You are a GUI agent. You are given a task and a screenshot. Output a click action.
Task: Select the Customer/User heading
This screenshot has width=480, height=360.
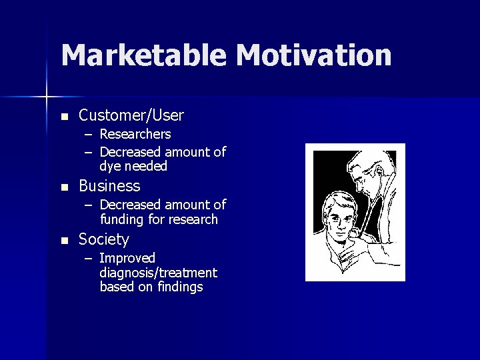coord(131,115)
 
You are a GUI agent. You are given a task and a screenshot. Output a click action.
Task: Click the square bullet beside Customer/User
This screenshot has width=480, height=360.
coord(64,117)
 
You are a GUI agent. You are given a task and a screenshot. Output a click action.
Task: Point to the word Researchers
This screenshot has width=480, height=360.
coord(135,134)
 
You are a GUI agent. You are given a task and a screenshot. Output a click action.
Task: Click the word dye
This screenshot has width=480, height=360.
coord(110,166)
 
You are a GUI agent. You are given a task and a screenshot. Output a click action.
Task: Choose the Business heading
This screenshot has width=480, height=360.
coord(109,185)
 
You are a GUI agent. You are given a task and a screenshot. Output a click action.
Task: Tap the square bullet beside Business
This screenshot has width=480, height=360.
coord(64,187)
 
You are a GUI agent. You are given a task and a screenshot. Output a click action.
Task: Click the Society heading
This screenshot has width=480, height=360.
coord(104,239)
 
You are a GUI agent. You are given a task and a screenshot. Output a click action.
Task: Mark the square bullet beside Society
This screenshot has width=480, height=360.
coord(64,240)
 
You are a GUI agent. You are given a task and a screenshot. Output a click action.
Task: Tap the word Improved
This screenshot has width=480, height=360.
coord(127,258)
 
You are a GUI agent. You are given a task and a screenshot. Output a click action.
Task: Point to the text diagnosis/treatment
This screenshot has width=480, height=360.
coord(158,273)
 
